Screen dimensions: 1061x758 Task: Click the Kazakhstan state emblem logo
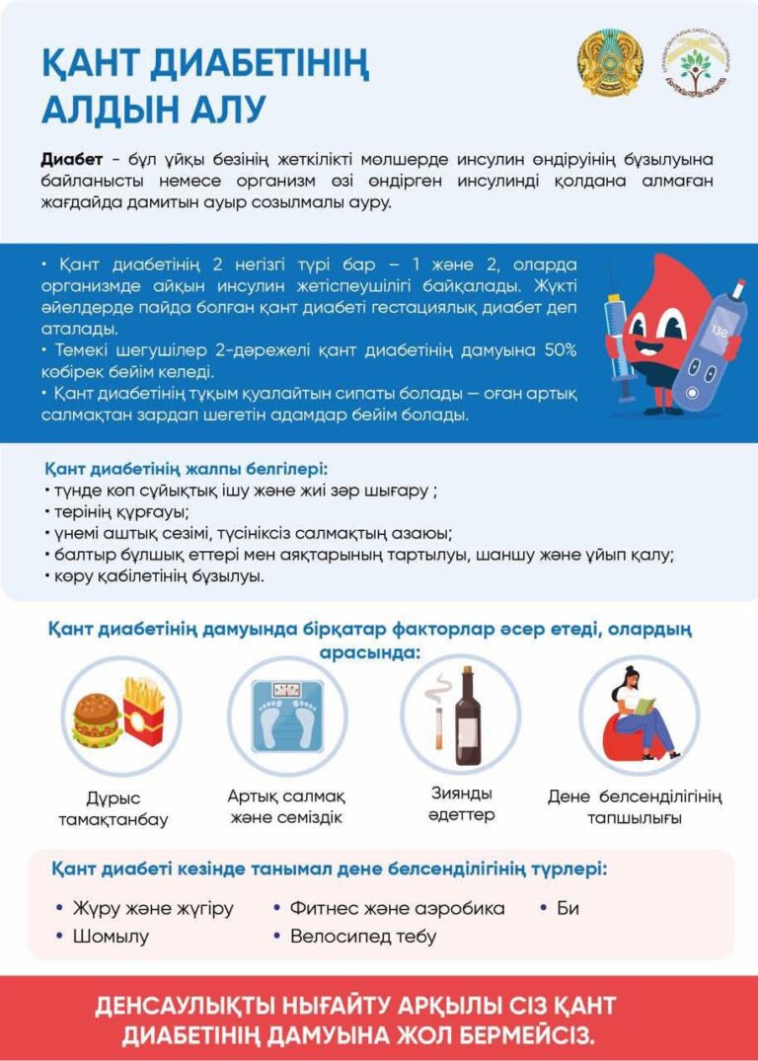(x=609, y=62)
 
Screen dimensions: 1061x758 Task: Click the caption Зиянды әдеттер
(x=461, y=804)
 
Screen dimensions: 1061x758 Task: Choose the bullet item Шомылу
(x=111, y=936)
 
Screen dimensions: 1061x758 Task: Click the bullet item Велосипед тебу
(x=362, y=936)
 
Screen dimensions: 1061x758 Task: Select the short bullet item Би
(x=568, y=908)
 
